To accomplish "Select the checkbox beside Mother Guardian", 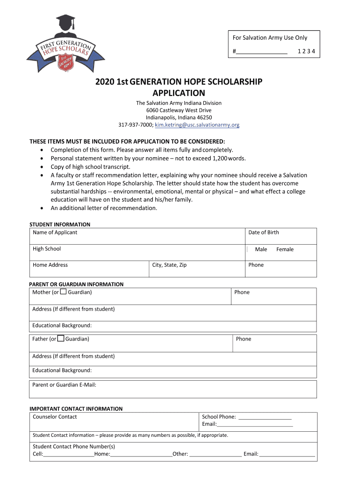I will pos(63,292).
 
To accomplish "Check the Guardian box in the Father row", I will pos(61,339).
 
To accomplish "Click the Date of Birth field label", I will pos(263,232).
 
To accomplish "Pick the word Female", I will pos(285,249).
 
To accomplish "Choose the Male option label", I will pos(261,249).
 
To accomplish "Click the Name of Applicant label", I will pos(55,232).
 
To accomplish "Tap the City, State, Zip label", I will pos(169,265).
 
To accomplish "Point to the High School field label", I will pos(47,249).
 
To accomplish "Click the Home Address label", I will pos(50,265).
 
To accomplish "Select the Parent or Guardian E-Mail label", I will pos(64,385).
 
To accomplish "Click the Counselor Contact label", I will pos(55,417).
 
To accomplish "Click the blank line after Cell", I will pos(69,454).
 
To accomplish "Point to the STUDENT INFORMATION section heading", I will pos(60,225).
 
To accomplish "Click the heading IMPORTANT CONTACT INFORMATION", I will pos(76,409).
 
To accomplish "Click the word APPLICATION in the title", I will pos(179,93).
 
